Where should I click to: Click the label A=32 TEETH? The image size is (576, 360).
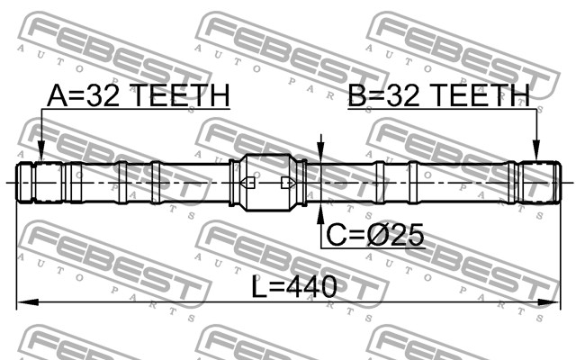click(138, 95)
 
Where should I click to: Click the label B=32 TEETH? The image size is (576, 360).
click(439, 95)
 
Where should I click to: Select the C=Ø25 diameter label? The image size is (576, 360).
click(375, 235)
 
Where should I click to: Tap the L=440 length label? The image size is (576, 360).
click(294, 286)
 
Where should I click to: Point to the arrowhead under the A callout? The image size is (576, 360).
click(41, 152)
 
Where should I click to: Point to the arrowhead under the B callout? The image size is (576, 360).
click(536, 152)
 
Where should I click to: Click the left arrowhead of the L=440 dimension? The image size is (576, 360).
click(28, 302)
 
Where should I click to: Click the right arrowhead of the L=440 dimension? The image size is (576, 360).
click(550, 302)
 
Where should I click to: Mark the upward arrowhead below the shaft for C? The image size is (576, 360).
click(321, 213)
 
